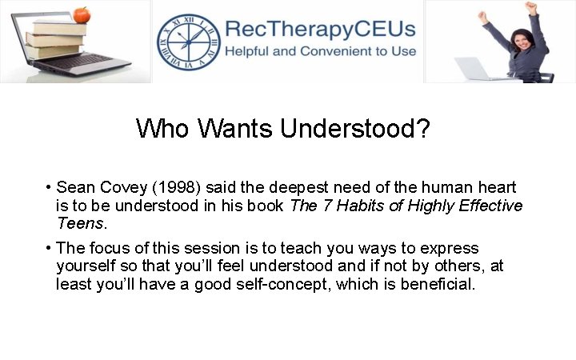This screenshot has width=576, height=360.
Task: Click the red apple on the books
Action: [81, 15]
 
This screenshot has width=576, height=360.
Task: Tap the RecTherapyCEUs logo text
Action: [320, 30]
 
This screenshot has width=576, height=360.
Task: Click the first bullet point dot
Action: [50, 188]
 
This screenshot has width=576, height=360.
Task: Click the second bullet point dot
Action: [50, 248]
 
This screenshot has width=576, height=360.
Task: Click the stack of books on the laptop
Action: [56, 36]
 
